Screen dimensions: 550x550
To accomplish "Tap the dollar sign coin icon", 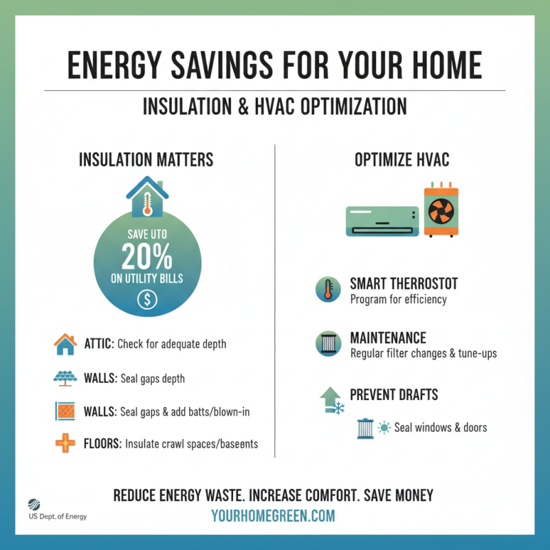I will [x=147, y=299].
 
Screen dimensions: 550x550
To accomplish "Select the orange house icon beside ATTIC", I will [x=65, y=343].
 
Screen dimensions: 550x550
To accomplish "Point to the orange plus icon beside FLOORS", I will [x=65, y=443].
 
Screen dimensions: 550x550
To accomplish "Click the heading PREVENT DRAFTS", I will [x=394, y=395].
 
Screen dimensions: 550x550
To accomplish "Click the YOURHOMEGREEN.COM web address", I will [x=274, y=516].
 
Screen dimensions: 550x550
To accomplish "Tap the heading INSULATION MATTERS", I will [x=146, y=160].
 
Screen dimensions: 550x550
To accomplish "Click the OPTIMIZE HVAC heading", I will [x=402, y=160].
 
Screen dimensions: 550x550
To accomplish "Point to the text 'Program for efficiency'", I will [x=398, y=300].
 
